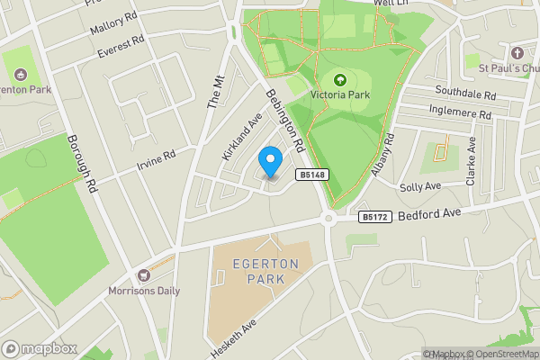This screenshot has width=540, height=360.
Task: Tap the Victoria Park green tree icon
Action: point(339,79)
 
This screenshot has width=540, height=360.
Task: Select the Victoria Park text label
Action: point(340,94)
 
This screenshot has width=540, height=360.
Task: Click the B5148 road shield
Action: point(311,175)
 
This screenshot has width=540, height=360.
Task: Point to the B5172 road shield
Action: point(373,217)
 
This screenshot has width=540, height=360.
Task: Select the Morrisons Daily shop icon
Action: point(141,274)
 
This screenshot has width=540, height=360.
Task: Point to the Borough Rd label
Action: point(82,165)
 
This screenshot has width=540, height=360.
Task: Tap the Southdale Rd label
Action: point(466,94)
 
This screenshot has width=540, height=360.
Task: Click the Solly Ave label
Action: point(419,185)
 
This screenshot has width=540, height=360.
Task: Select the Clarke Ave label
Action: point(471,162)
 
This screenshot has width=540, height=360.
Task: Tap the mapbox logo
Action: point(40,348)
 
